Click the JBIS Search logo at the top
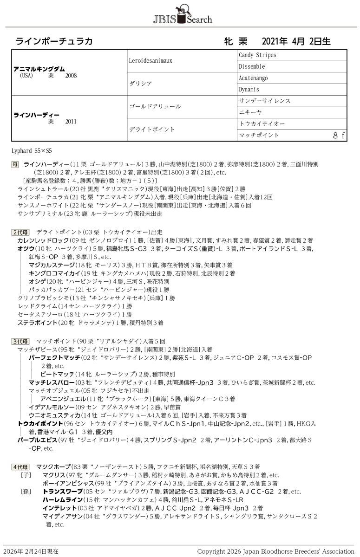click(182, 15)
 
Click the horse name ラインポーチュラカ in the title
click(54, 41)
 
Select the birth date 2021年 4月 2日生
click(296, 41)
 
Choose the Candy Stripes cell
click(257, 55)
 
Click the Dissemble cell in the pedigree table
click(252, 66)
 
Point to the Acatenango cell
click(253, 78)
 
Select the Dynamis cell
click(249, 89)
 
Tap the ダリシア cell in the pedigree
click(140, 84)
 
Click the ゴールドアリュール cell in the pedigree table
click(155, 106)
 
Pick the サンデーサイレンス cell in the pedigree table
click(265, 101)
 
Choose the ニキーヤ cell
click(251, 112)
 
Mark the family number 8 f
click(339, 135)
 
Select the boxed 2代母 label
click(20, 232)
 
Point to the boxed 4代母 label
click(20, 466)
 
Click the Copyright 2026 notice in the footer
click(275, 551)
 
